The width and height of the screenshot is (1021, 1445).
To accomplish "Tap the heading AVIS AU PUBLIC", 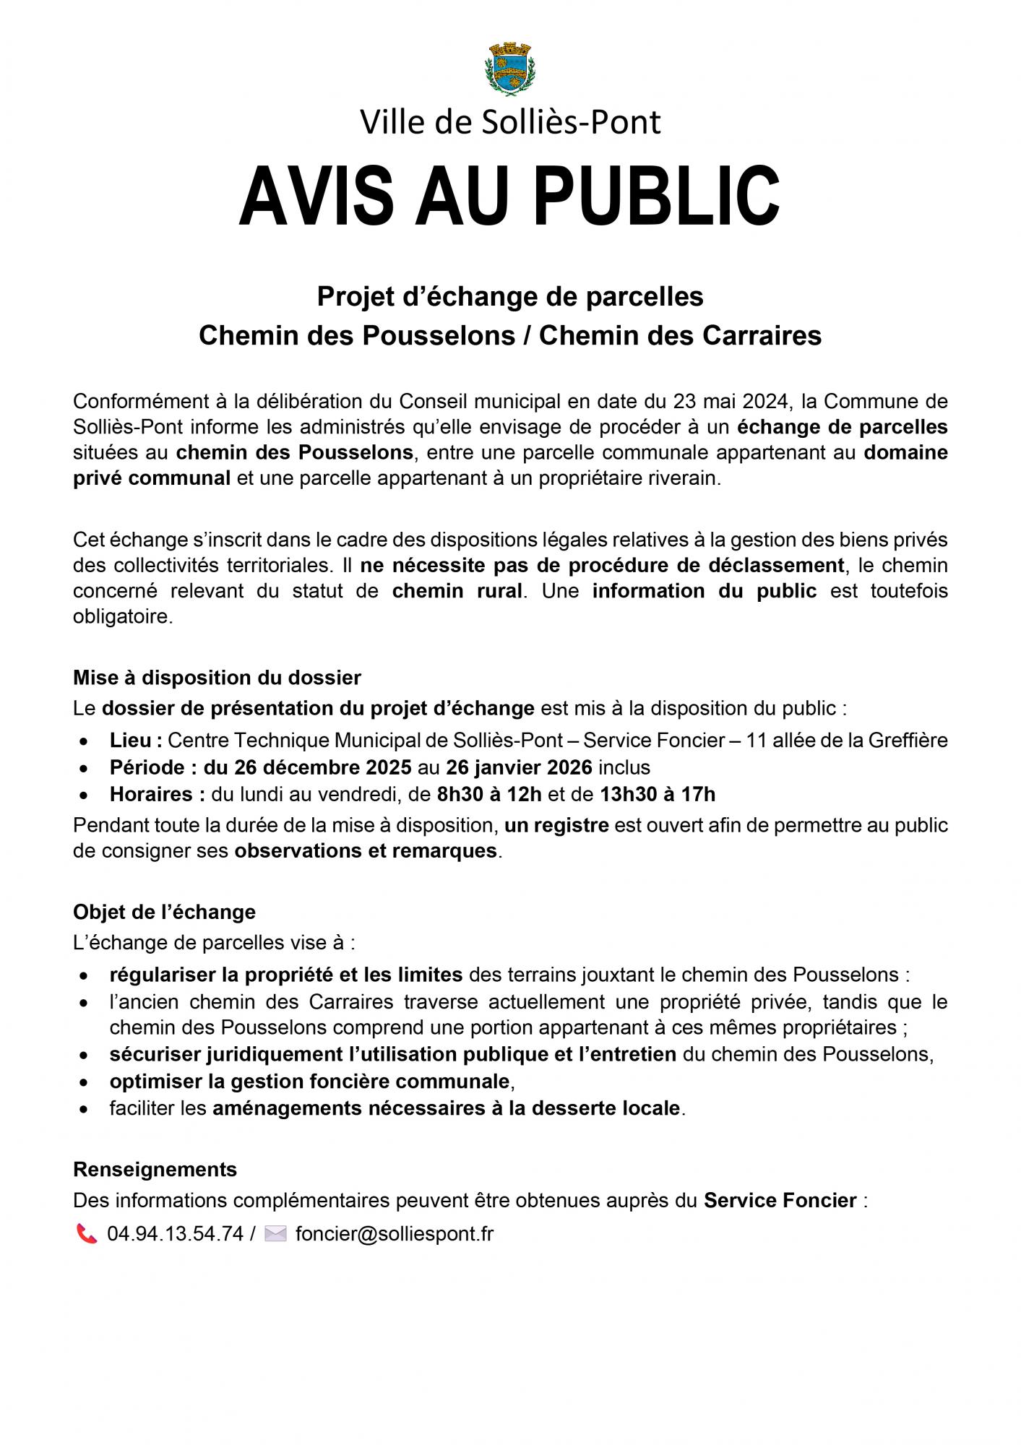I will click(x=509, y=196).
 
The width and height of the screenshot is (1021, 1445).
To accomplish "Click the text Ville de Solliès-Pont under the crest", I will click(x=510, y=122).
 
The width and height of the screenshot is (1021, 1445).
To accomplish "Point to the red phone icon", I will click(x=87, y=1233).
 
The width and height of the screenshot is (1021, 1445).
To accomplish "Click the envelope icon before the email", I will click(x=275, y=1233).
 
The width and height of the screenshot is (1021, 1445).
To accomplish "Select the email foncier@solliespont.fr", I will click(x=394, y=1233).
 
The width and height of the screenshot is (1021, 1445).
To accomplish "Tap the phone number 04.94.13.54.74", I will click(x=175, y=1233).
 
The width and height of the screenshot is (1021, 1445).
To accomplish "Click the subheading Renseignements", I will click(x=155, y=1169).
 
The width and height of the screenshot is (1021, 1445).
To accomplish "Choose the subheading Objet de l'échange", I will click(x=164, y=912).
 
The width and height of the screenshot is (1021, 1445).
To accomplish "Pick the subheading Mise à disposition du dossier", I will click(x=217, y=678).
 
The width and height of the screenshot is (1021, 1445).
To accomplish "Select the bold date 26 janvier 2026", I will click(x=519, y=767).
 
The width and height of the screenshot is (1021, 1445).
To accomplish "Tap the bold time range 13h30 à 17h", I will click(x=658, y=794).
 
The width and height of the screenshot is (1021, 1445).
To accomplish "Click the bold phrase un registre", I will click(x=556, y=824).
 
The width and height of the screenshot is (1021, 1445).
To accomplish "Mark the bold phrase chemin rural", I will click(x=457, y=591).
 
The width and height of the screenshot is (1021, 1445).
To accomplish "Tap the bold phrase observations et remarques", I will click(x=366, y=850).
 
